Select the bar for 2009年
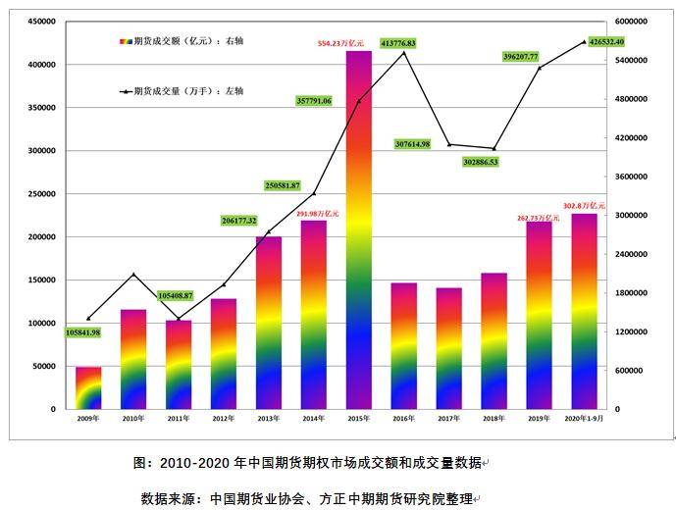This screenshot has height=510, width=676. (x=88, y=388)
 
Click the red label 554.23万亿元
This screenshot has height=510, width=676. (x=340, y=44)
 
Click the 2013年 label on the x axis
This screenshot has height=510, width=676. (x=268, y=419)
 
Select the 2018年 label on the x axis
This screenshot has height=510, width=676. (x=494, y=419)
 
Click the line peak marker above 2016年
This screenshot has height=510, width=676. (x=404, y=53)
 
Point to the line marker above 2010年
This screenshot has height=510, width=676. (x=133, y=275)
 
